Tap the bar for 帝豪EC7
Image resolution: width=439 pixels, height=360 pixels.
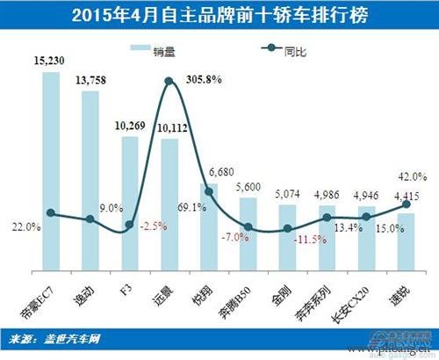pos(50,167)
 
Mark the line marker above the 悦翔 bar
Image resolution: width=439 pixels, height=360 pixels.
pos(208,191)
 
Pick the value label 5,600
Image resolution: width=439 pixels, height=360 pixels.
pos(248,187)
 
